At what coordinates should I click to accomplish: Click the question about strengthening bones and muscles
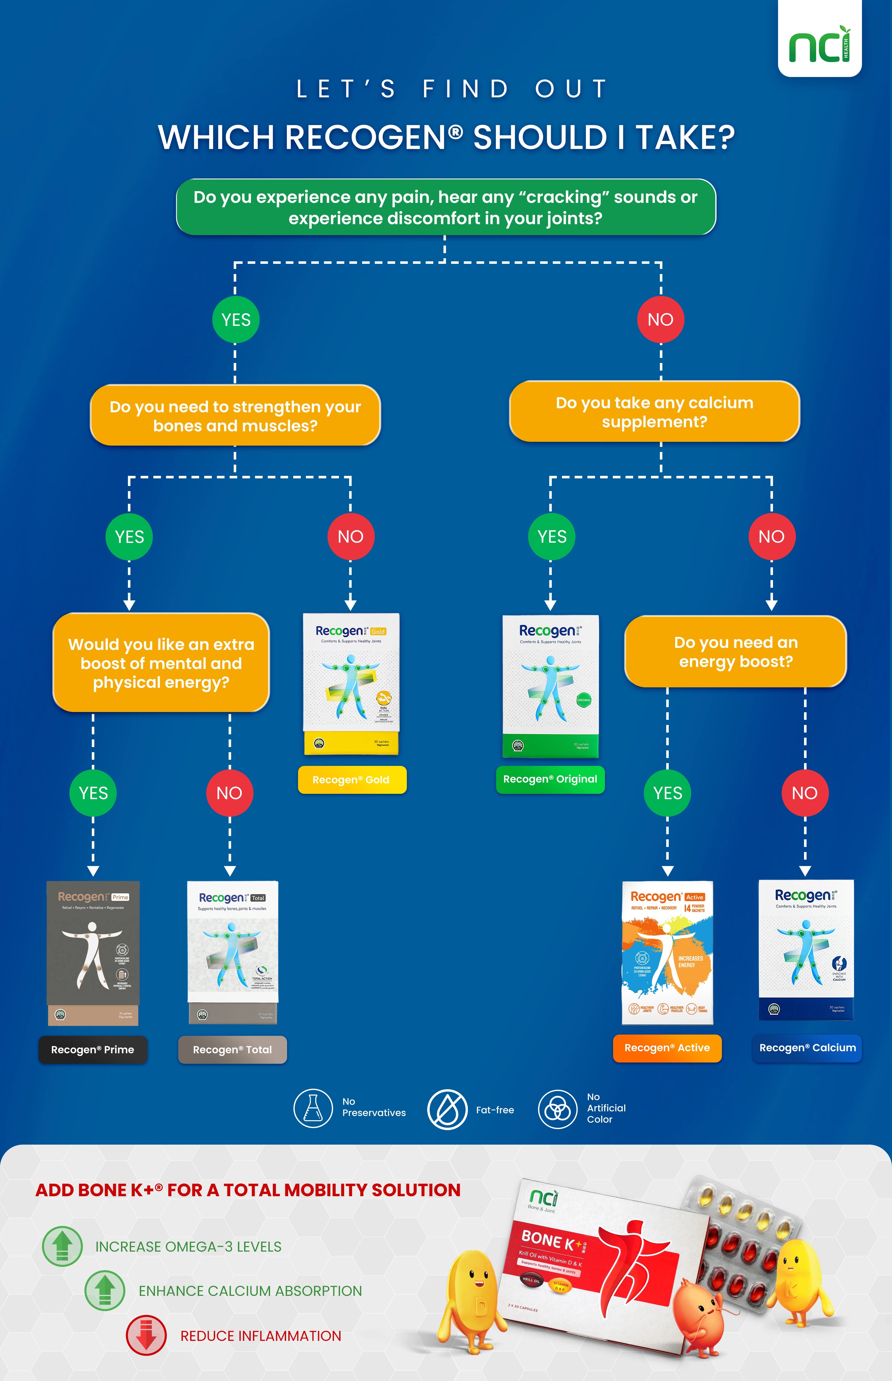click(x=235, y=416)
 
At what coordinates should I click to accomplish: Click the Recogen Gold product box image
click(x=351, y=683)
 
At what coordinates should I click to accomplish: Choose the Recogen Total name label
click(x=232, y=1049)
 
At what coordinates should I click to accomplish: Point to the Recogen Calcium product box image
click(x=806, y=950)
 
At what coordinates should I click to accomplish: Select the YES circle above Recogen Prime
click(x=93, y=793)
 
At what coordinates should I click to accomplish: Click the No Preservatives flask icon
click(x=313, y=1108)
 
